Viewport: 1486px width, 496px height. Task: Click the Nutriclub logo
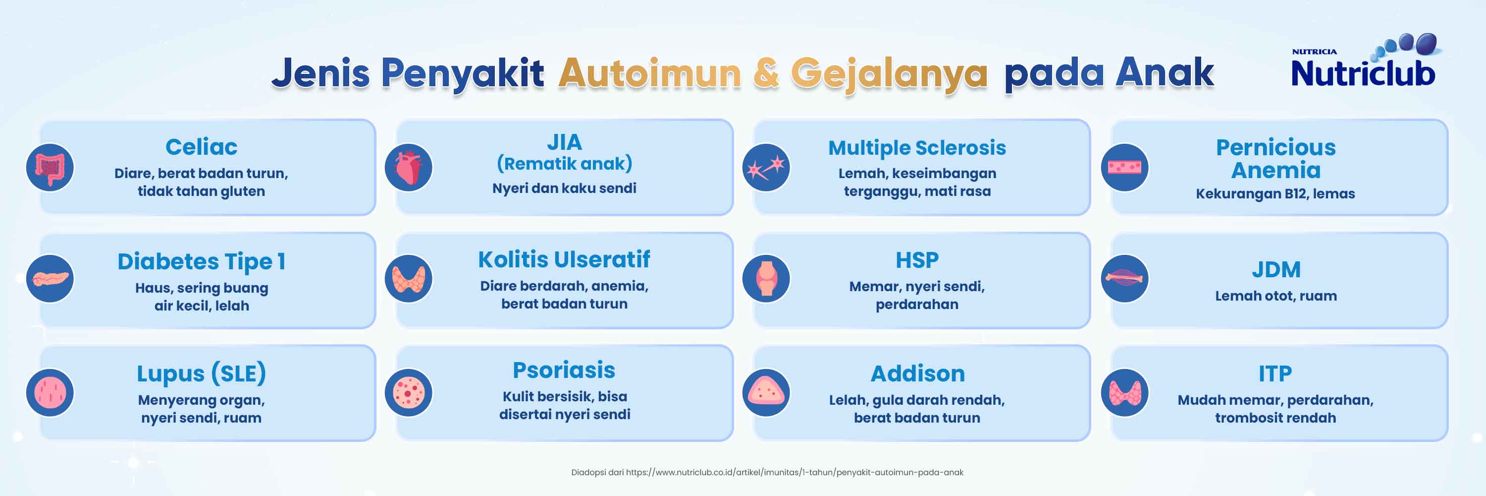(x=1364, y=62)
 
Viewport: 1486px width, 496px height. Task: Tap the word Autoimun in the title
(x=649, y=73)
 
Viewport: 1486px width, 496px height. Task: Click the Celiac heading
(x=201, y=147)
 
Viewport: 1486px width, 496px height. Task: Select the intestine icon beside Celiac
(x=50, y=168)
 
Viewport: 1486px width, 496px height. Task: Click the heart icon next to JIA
(x=409, y=168)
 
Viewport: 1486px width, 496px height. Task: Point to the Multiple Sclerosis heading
(x=917, y=148)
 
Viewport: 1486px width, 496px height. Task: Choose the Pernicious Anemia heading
(x=1275, y=159)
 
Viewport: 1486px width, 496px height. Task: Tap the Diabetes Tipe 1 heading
(x=201, y=261)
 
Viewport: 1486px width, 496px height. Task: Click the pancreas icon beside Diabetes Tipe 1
(x=50, y=278)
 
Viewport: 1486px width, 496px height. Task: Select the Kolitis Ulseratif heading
(x=564, y=259)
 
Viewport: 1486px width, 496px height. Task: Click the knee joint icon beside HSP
(x=766, y=278)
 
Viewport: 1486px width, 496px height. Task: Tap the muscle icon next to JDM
(x=1124, y=278)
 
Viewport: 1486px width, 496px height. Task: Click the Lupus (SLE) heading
(x=201, y=373)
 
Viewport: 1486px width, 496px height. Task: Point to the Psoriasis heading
(x=564, y=370)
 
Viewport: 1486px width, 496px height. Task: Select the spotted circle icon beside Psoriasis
(x=409, y=393)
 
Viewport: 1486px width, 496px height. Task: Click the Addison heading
(x=917, y=373)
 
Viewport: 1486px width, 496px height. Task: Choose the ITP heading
(x=1275, y=373)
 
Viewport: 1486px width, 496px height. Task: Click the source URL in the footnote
(x=795, y=472)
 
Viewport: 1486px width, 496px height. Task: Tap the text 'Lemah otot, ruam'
(x=1275, y=296)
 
